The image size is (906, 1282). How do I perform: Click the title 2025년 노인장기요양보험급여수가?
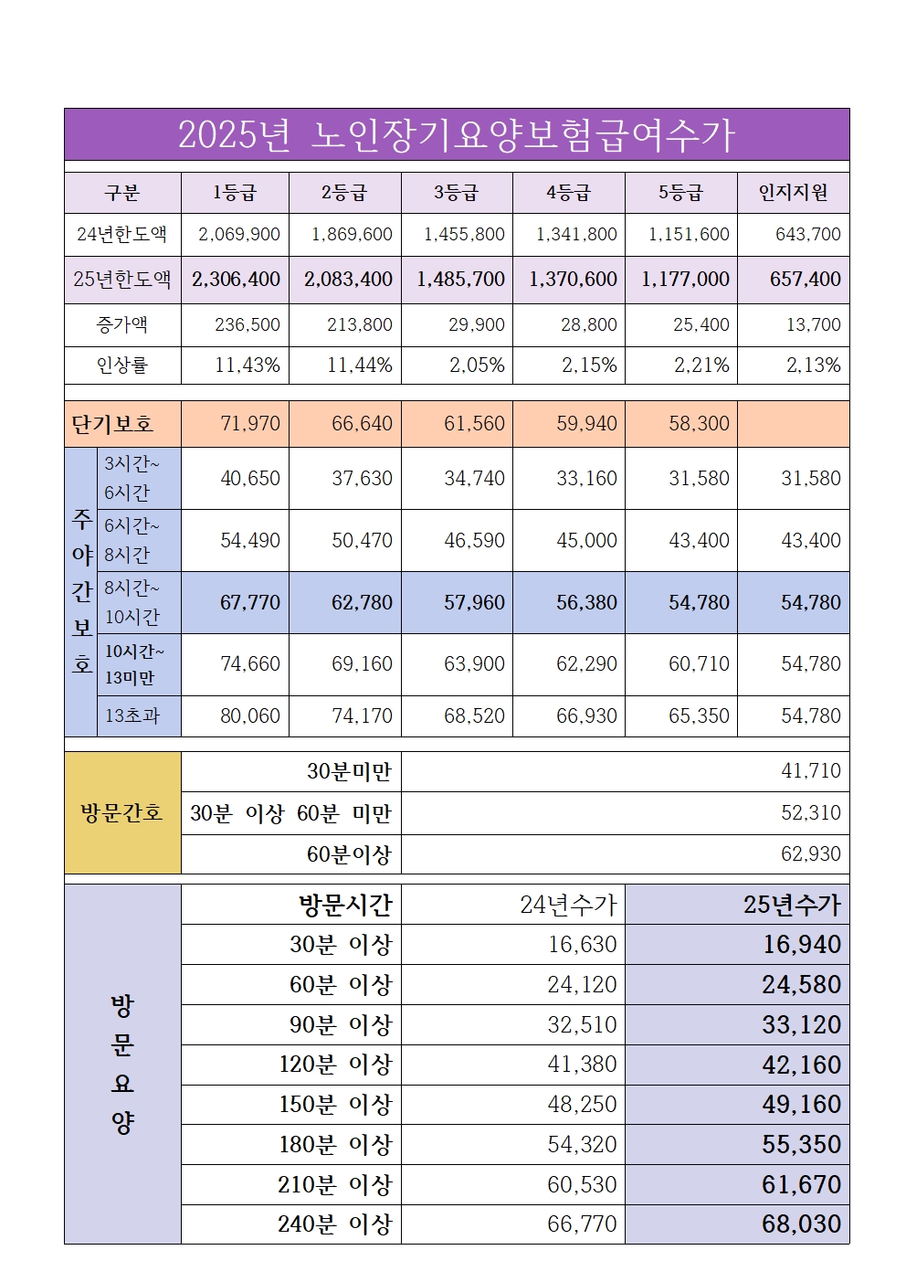pyautogui.click(x=456, y=135)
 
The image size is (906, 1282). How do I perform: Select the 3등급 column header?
pyautogui.click(x=456, y=193)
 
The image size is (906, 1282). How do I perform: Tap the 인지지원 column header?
pyautogui.click(x=793, y=193)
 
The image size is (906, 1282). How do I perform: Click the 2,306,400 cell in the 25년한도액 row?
pyautogui.click(x=236, y=280)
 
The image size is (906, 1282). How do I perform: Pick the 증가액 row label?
pyautogui.click(x=122, y=324)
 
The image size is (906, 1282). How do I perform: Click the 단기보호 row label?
pyautogui.click(x=112, y=424)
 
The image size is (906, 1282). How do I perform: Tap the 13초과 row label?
pyautogui.click(x=132, y=715)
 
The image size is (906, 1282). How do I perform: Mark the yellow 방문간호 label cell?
pyautogui.click(x=122, y=812)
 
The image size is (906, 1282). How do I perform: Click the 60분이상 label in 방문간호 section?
pyautogui.click(x=349, y=854)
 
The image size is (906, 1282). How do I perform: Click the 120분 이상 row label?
pyautogui.click(x=335, y=1065)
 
